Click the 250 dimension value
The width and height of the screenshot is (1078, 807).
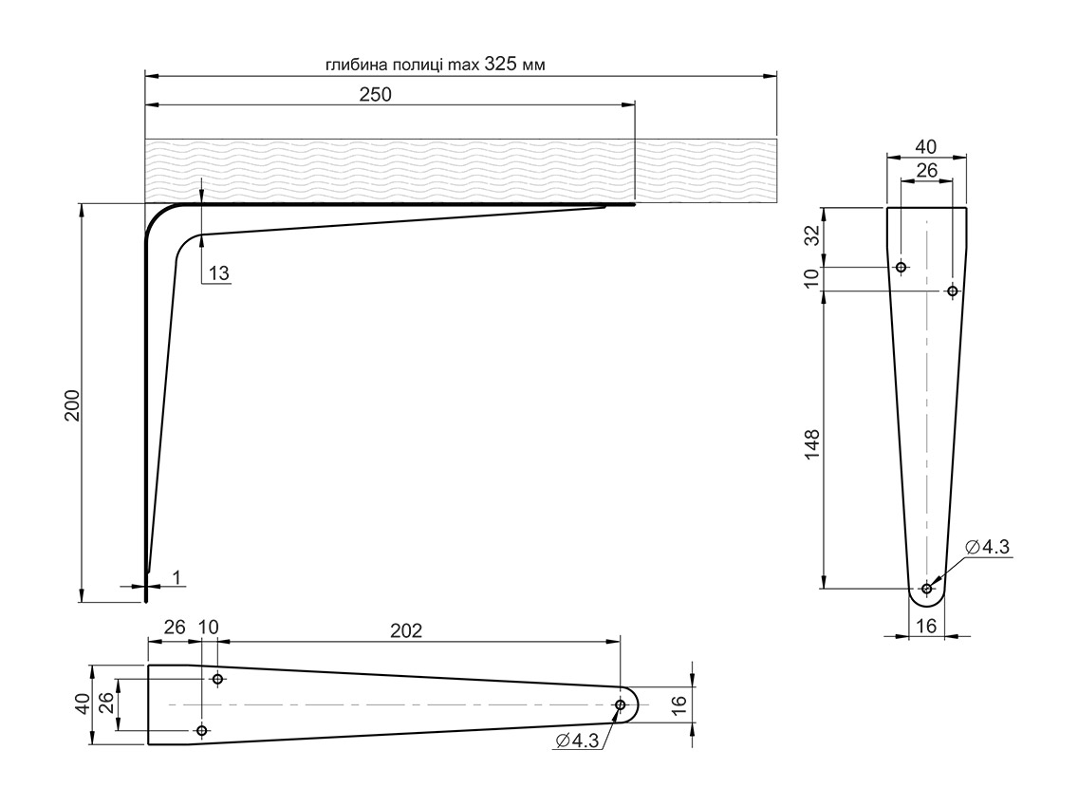click(x=376, y=94)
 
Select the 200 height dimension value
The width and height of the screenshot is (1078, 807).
click(x=72, y=406)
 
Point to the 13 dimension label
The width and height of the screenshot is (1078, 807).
click(x=218, y=273)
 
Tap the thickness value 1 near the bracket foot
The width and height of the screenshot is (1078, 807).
click(x=177, y=577)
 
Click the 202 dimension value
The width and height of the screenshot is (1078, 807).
click(x=406, y=630)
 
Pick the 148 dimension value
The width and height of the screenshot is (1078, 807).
click(x=812, y=444)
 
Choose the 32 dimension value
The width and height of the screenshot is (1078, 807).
click(x=812, y=236)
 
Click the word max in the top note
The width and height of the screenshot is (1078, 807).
click(x=464, y=65)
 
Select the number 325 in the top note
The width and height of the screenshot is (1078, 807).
click(x=501, y=64)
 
